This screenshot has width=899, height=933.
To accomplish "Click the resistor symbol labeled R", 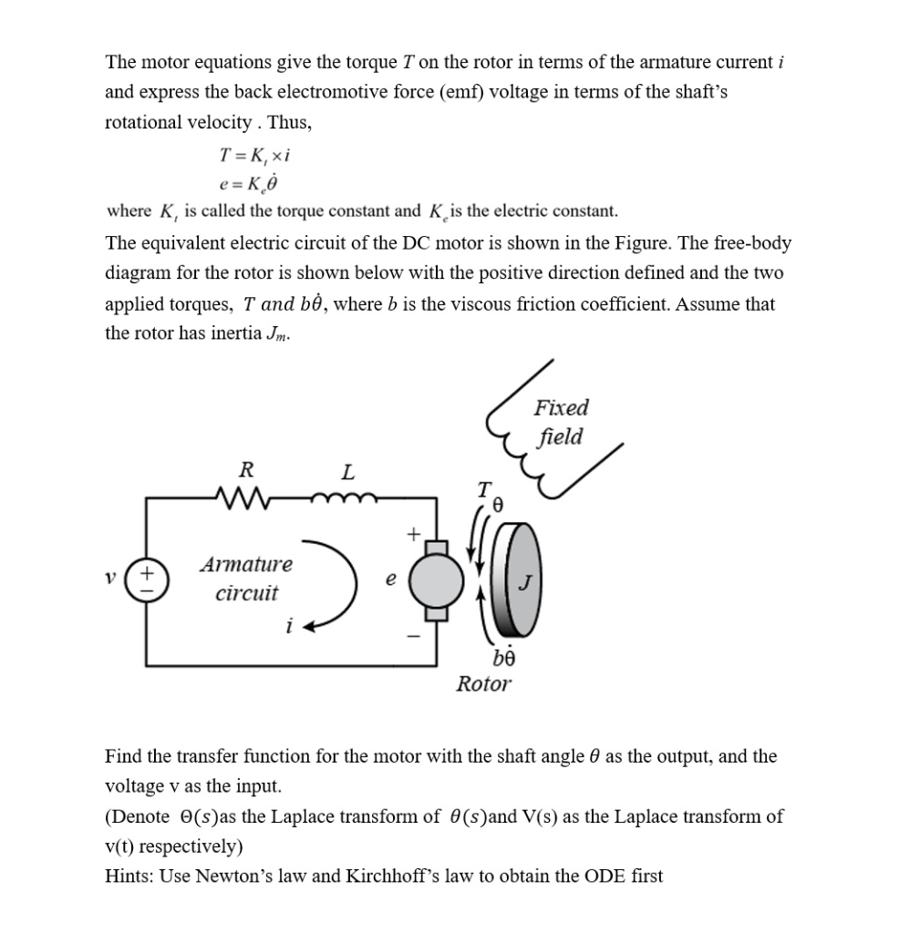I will click(x=244, y=498).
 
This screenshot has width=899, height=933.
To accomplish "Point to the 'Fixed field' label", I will click(x=561, y=422).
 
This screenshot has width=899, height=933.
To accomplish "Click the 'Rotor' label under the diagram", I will click(x=483, y=683).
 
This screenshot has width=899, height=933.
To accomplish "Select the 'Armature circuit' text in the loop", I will click(x=246, y=579).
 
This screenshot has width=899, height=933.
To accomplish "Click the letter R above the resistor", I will click(x=244, y=470).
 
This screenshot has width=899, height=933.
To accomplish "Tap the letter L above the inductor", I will click(x=346, y=472).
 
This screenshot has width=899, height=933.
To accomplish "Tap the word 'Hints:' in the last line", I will click(x=130, y=877).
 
